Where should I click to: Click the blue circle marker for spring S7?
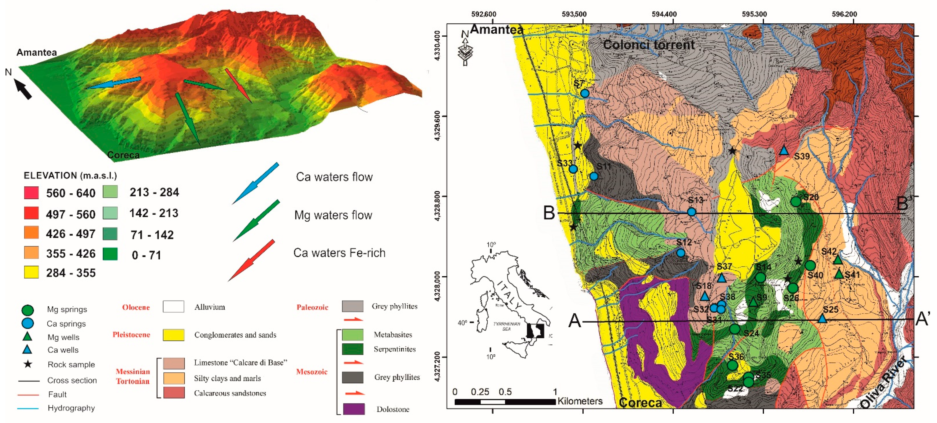[585, 93]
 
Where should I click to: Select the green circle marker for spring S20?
[796, 201]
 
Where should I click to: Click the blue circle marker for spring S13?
[691, 212]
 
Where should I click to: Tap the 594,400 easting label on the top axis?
[664, 14]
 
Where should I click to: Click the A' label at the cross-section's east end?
[922, 319]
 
